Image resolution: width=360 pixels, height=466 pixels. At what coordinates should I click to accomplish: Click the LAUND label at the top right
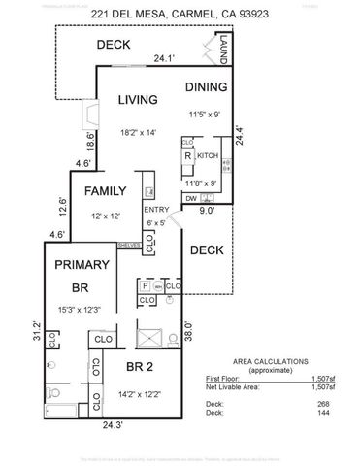222,49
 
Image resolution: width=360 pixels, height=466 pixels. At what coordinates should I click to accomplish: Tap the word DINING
207,86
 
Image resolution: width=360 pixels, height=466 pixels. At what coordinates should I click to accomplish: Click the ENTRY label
155,210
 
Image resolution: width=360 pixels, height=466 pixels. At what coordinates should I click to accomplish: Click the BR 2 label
152,366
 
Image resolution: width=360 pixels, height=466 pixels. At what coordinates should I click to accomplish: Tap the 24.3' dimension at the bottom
115,424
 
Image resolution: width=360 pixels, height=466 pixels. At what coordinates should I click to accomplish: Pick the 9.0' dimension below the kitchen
208,208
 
